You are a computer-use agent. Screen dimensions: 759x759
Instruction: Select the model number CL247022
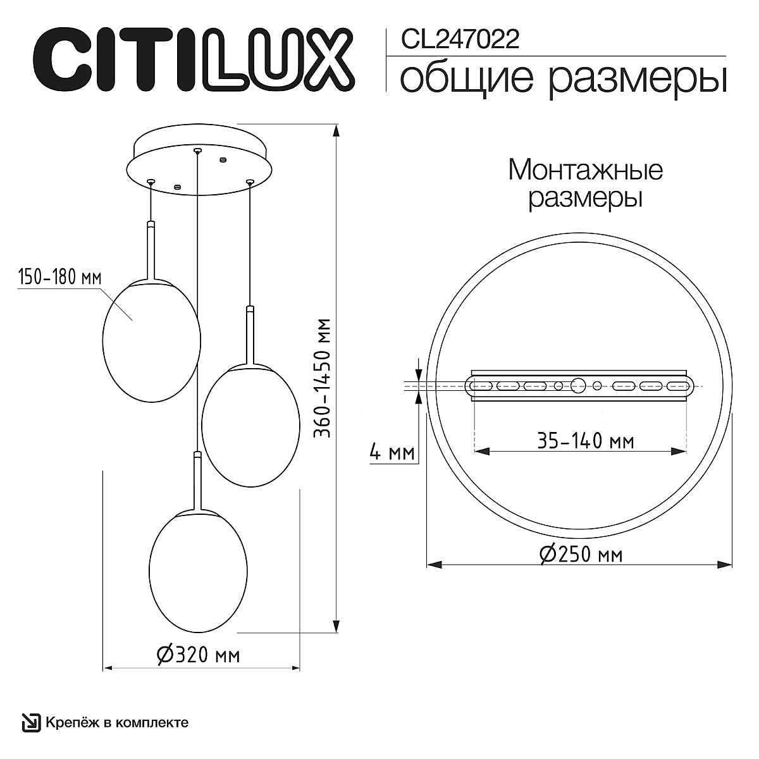(460, 40)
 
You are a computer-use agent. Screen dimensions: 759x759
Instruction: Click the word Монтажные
(585, 170)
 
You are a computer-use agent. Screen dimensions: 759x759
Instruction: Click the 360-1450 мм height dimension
(323, 378)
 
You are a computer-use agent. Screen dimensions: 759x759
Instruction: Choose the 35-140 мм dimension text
(585, 440)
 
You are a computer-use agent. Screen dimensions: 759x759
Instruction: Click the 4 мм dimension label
(391, 453)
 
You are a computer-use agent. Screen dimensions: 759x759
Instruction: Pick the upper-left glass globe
(151, 340)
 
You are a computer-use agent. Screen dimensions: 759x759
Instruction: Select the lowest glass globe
(197, 571)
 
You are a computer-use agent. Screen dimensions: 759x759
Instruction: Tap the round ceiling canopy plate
(199, 166)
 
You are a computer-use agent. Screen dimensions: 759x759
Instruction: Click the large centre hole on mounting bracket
(577, 385)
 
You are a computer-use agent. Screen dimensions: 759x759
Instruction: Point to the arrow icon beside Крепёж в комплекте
(30, 722)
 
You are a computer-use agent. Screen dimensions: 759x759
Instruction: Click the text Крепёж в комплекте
(116, 722)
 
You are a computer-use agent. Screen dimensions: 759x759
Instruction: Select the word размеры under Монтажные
(585, 198)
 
